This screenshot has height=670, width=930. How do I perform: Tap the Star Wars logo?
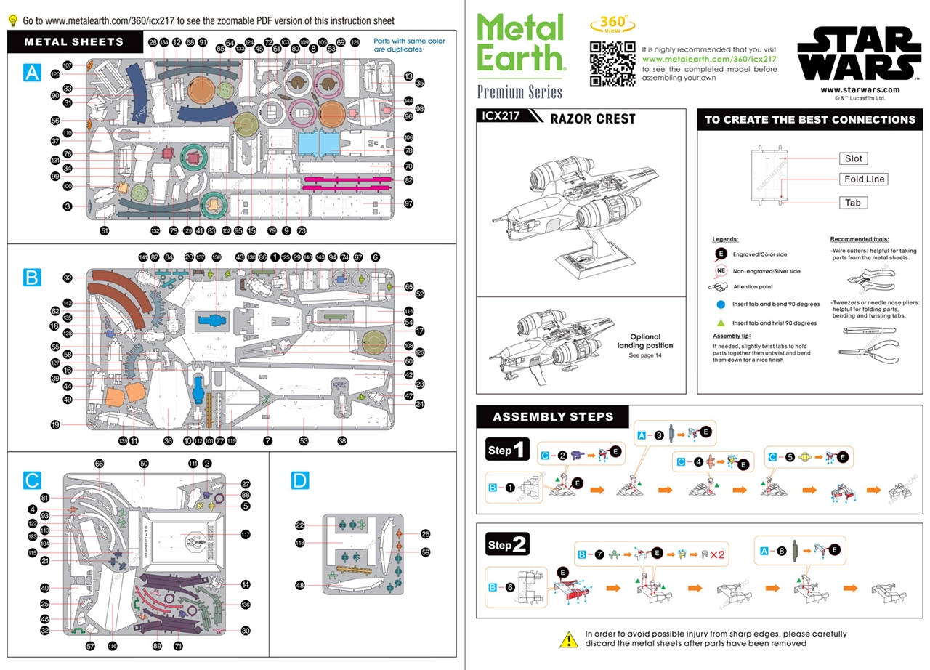[x=860, y=54]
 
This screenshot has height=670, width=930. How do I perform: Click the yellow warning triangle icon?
[x=568, y=639]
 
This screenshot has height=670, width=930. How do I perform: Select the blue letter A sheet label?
[x=32, y=73]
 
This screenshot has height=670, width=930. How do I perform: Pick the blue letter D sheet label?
[x=300, y=480]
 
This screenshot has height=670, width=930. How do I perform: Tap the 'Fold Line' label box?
[x=864, y=179]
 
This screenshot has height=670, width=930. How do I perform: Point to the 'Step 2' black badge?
[x=509, y=544]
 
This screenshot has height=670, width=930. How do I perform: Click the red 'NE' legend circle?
[x=721, y=270]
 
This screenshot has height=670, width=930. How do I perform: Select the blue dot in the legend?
[x=721, y=305]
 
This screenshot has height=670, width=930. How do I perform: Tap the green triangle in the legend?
[x=721, y=323]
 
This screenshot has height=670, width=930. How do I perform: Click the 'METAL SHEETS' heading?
[x=74, y=42]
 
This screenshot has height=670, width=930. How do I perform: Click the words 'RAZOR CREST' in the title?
[x=594, y=118]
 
